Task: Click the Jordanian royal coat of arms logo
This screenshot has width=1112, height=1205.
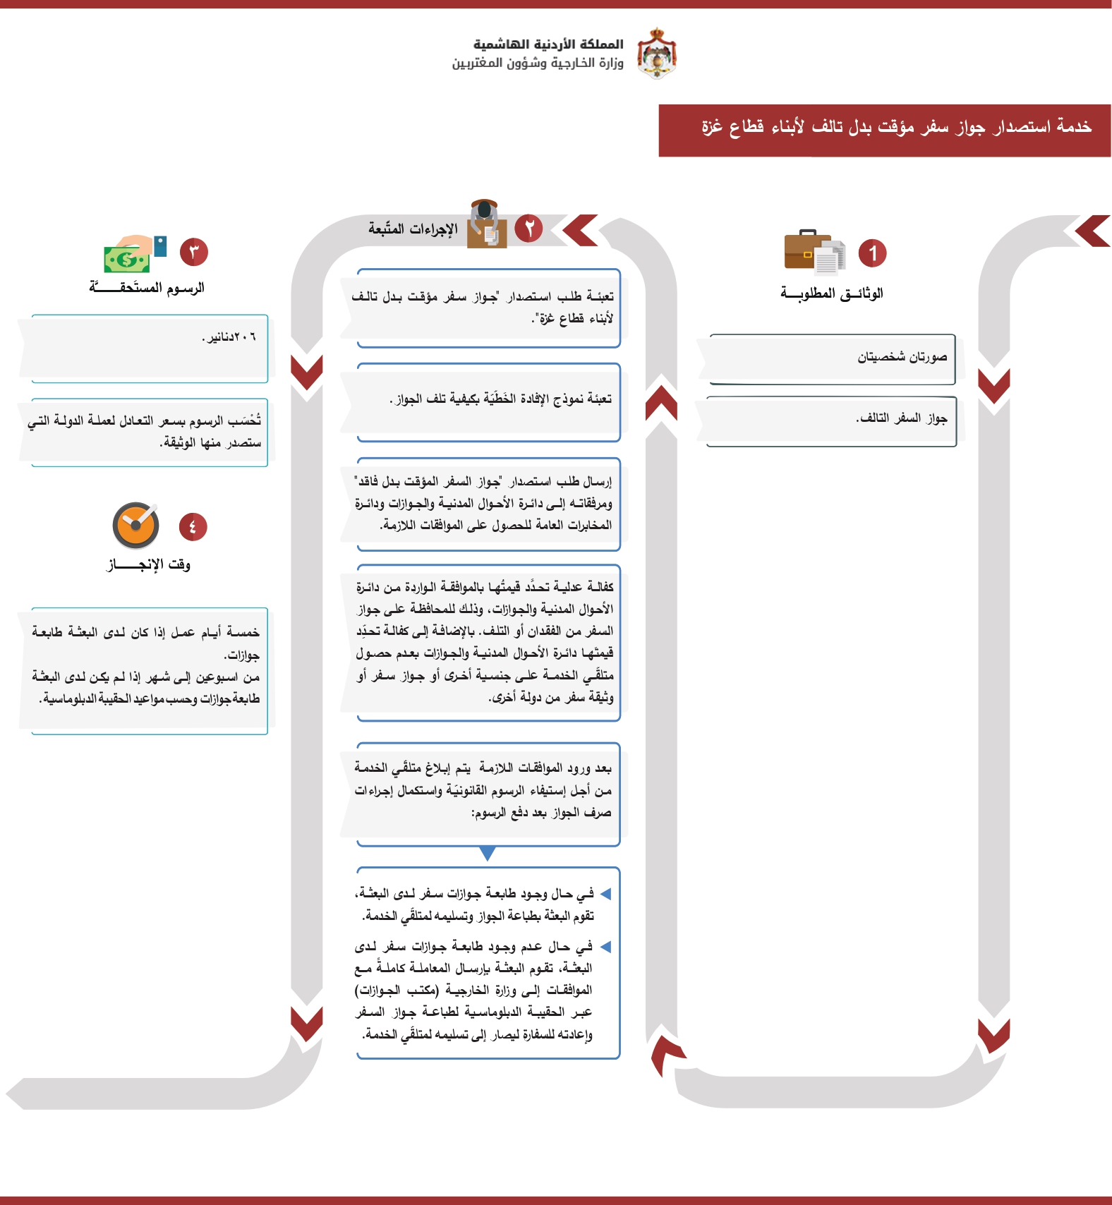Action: [657, 54]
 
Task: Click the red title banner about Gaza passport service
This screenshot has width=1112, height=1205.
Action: [884, 131]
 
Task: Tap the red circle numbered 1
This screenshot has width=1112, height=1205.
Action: [872, 253]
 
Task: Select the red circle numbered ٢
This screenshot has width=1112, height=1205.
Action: [528, 228]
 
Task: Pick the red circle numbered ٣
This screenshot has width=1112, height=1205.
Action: [194, 252]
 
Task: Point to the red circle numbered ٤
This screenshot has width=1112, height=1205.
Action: [193, 526]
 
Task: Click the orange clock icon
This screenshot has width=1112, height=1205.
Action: [135, 526]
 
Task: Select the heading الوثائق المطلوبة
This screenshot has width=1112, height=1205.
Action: [831, 293]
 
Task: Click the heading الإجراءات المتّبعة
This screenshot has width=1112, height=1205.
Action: [413, 229]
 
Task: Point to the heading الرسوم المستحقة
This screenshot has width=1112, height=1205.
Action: [147, 287]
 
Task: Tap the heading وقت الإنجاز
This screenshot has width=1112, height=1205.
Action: [148, 564]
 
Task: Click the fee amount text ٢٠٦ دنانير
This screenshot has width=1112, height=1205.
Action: [229, 337]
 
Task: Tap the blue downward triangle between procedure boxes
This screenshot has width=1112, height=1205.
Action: [487, 854]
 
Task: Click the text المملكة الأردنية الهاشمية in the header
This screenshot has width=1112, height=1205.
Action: [548, 44]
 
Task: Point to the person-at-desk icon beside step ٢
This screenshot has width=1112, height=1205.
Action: [486, 224]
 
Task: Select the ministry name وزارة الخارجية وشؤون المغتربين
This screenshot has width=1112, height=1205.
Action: [538, 63]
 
